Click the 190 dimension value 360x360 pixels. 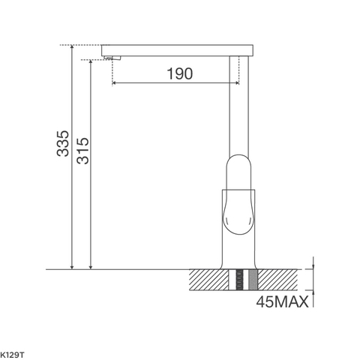tap(178, 73)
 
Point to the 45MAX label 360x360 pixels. tap(281, 304)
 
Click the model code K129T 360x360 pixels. tap(12, 352)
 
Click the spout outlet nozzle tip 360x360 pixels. tap(113, 56)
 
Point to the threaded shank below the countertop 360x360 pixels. tap(241, 281)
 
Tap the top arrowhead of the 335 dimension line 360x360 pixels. tap(72, 47)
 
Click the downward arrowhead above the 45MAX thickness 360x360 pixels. tap(313, 265)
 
